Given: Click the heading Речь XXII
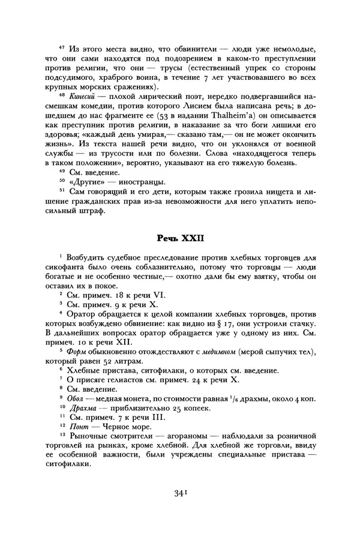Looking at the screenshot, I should [x=181, y=238].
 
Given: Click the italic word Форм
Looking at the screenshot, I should [x=77, y=350].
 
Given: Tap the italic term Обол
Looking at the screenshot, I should [x=77, y=398].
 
